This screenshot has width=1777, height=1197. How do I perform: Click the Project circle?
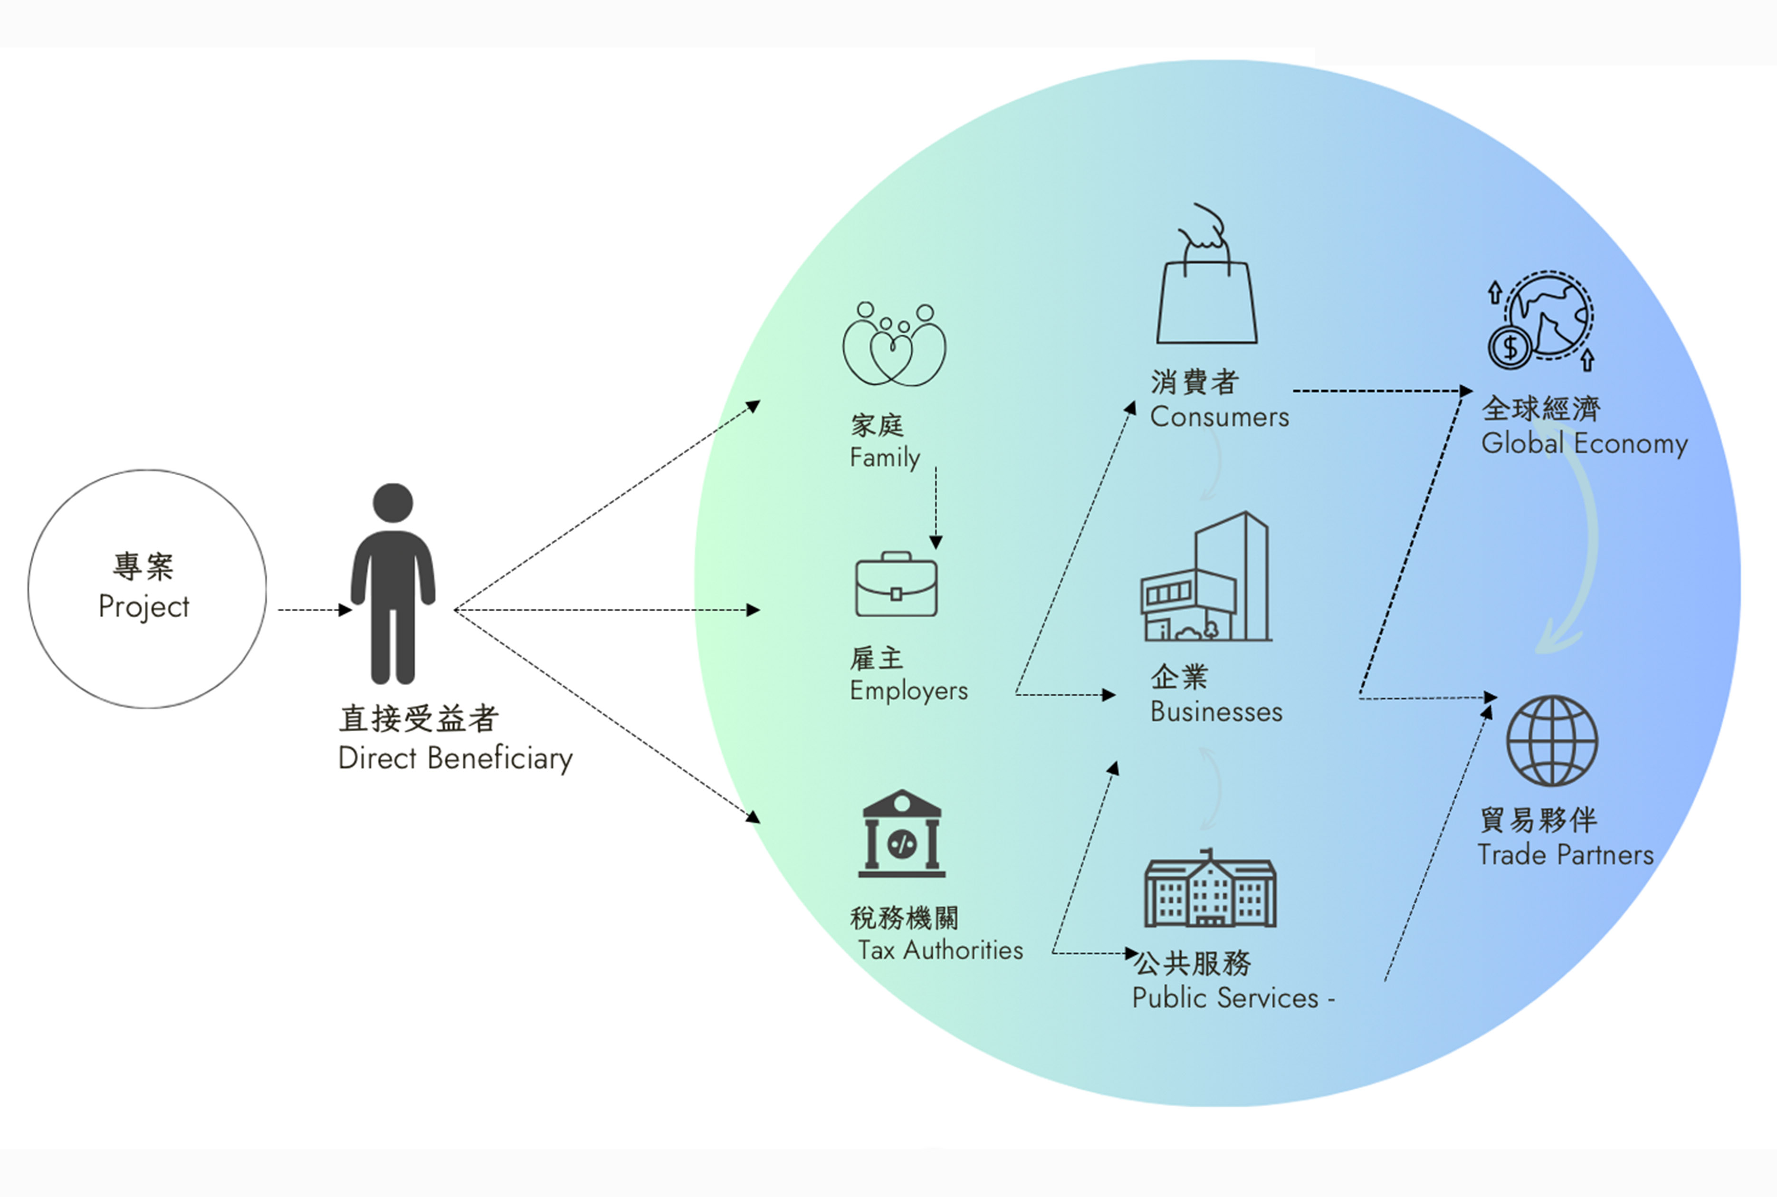click(x=147, y=589)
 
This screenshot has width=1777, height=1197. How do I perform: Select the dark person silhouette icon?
click(x=392, y=584)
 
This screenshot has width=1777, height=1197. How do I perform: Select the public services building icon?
click(x=1210, y=890)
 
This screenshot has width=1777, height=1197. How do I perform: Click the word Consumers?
click(x=1219, y=417)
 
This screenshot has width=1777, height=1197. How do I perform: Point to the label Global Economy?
click(x=1584, y=443)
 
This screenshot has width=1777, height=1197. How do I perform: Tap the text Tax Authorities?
click(x=940, y=950)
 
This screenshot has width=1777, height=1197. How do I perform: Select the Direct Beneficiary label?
click(x=455, y=758)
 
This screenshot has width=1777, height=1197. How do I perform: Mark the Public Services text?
click(x=1225, y=998)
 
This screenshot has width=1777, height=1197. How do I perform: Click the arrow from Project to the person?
click(x=313, y=610)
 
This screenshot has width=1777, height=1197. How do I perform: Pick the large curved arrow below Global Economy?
click(x=1580, y=550)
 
